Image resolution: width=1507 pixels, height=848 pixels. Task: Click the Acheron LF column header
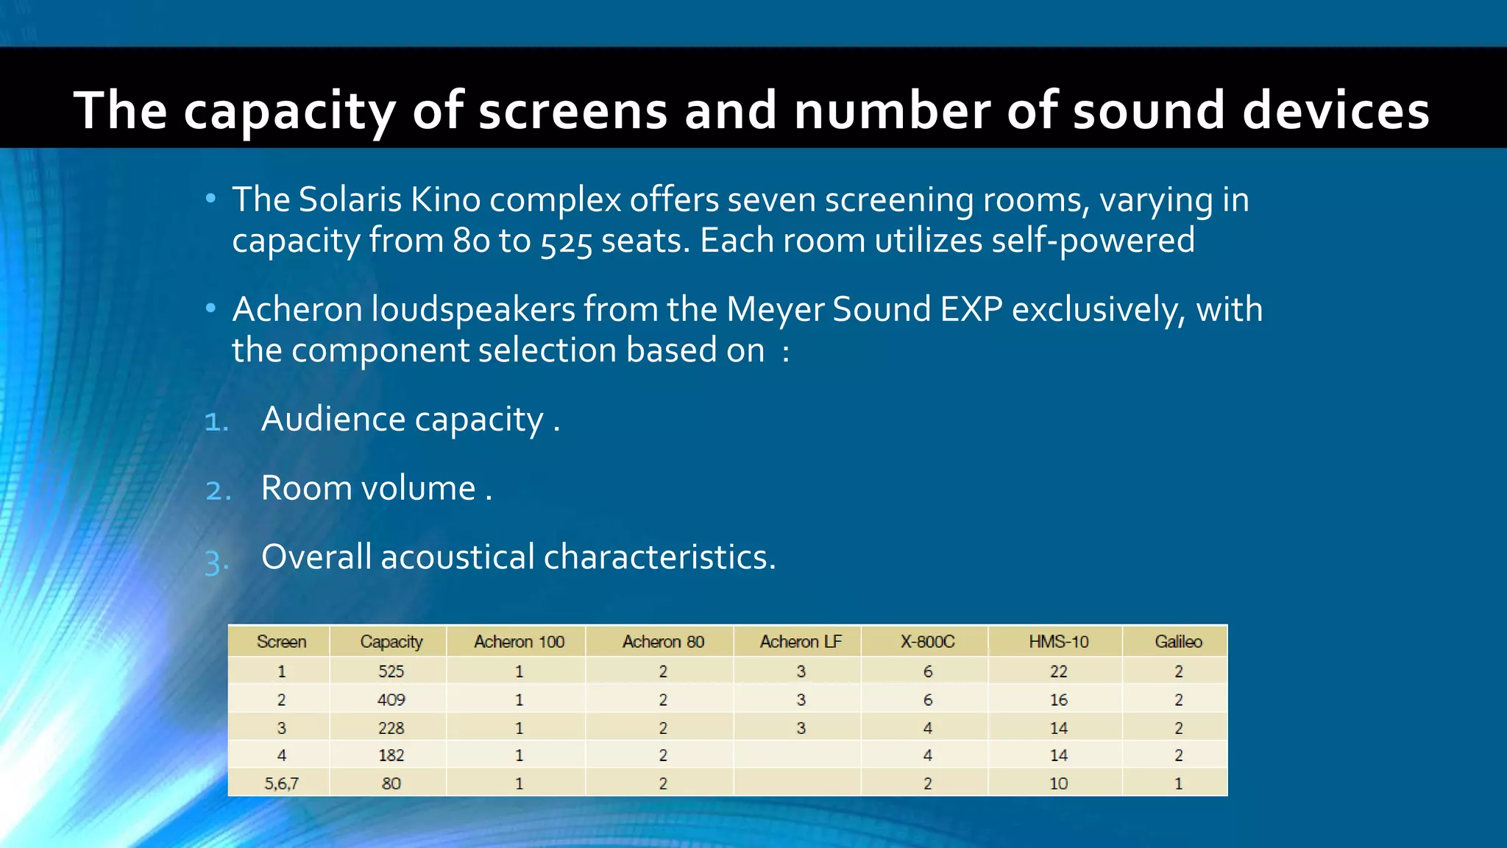click(x=801, y=642)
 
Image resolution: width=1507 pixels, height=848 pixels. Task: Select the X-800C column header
click(x=927, y=642)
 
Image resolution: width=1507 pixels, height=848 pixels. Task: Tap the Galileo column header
click(x=1178, y=642)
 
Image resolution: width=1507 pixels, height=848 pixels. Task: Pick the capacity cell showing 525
click(x=391, y=671)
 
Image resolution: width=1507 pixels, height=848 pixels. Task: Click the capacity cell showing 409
click(x=391, y=699)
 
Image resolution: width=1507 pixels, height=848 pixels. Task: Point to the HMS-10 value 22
click(x=1058, y=671)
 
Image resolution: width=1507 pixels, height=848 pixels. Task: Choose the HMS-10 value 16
click(x=1058, y=699)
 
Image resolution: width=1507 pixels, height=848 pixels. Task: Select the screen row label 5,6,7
click(x=281, y=783)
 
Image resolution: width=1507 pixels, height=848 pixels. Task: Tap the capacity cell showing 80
click(x=391, y=783)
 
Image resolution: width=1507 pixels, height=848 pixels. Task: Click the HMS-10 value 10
click(x=1058, y=783)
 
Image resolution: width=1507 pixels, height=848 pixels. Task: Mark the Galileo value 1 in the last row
click(x=1178, y=783)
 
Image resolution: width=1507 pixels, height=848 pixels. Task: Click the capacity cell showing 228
click(x=391, y=728)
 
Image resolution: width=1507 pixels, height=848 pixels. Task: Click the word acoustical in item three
click(x=457, y=556)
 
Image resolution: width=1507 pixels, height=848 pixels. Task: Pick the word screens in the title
click(x=573, y=110)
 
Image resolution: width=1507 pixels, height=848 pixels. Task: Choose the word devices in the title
click(x=1335, y=110)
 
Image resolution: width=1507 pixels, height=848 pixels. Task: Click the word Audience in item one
click(x=333, y=419)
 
